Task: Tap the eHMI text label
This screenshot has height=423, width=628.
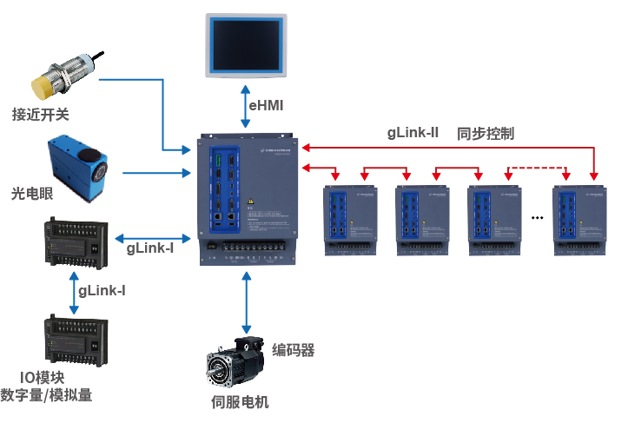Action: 267,106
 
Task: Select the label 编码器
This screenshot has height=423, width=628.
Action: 293,350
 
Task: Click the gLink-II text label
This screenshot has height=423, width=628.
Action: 413,134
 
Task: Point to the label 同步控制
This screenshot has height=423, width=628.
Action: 486,134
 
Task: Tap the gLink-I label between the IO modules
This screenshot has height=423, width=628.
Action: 102,291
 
